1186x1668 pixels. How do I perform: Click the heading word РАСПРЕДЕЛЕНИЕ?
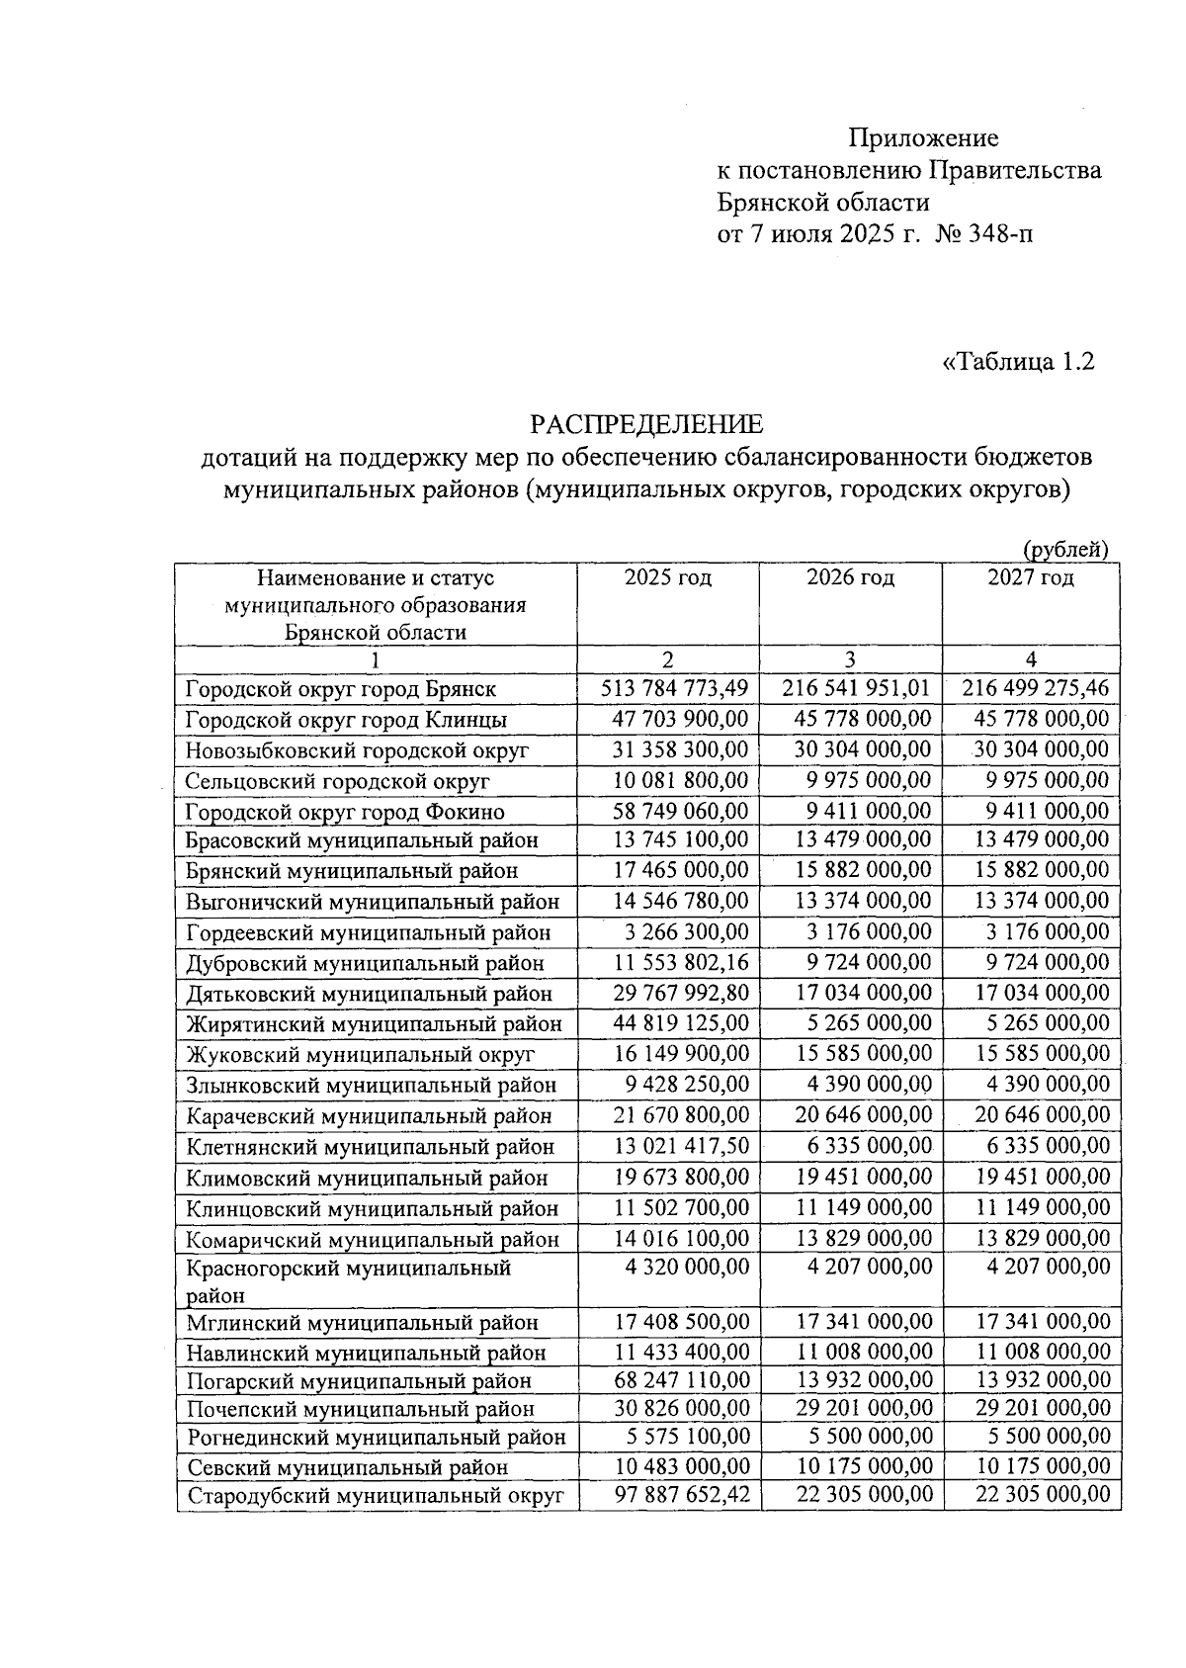point(646,425)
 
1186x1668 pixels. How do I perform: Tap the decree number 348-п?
point(999,234)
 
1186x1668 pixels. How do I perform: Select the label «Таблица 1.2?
point(1019,362)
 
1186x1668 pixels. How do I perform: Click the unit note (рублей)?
point(1065,550)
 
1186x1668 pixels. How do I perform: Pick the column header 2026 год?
point(850,577)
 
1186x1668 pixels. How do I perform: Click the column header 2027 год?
point(1031,577)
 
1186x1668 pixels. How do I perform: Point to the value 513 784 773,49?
point(675,688)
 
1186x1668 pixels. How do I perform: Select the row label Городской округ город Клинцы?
point(346,720)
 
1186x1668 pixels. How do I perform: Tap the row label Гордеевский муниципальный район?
point(368,932)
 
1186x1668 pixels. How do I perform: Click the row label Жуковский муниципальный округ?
point(360,1055)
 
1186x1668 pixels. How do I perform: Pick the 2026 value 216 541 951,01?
point(856,688)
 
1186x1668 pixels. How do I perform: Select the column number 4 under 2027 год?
point(1031,660)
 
